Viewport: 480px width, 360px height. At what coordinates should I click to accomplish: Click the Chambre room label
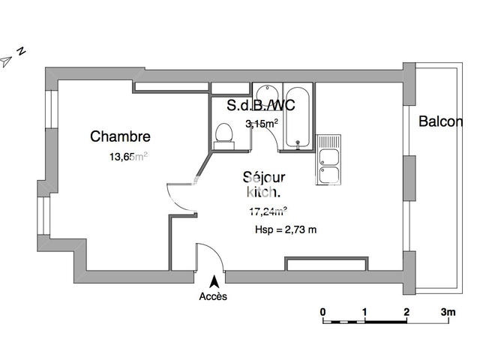(x=120, y=136)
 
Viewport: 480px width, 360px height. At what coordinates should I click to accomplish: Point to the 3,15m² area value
(x=262, y=124)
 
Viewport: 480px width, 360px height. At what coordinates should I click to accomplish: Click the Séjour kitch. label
(x=263, y=185)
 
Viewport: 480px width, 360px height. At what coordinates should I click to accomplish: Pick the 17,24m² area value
(x=268, y=211)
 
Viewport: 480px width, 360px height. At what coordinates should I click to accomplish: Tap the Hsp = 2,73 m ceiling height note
(x=286, y=229)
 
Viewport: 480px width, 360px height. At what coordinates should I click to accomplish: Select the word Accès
(x=213, y=296)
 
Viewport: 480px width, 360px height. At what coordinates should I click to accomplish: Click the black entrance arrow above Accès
(x=214, y=282)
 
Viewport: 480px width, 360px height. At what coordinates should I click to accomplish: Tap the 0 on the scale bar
(x=322, y=311)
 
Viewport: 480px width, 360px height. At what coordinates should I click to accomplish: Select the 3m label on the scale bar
(x=448, y=311)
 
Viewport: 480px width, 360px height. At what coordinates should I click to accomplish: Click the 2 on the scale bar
(x=406, y=311)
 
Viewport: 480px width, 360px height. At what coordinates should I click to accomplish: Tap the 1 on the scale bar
(x=364, y=311)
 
